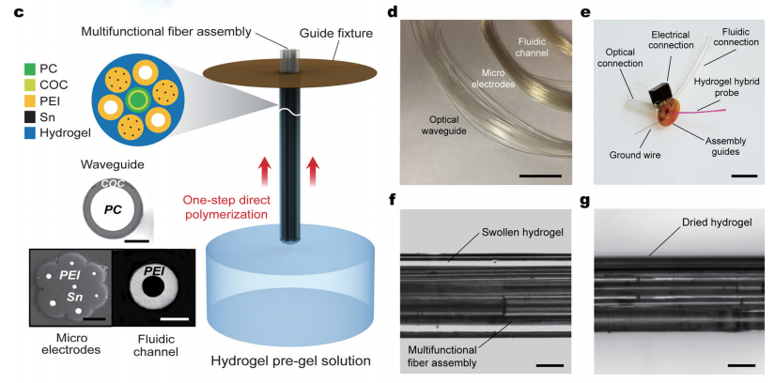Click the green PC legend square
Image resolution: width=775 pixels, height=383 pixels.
(31, 68)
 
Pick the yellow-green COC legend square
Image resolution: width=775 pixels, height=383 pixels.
(31, 85)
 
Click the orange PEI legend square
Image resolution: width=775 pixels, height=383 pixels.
(31, 104)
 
